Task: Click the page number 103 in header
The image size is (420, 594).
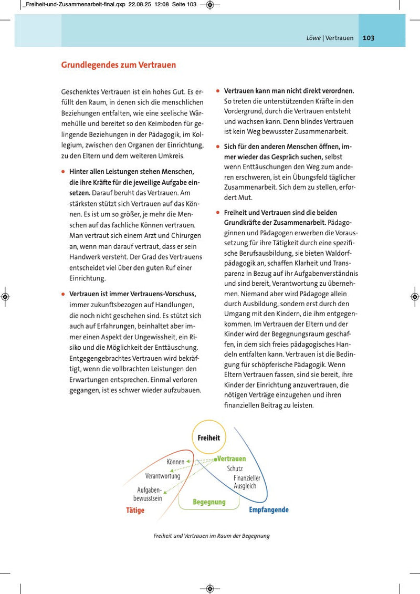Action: point(368,38)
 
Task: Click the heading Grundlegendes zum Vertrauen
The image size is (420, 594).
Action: point(119,65)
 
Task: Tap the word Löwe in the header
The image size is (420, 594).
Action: point(313,38)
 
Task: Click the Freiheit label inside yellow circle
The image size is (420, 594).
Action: point(209,437)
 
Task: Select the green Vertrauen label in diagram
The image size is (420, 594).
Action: point(232,458)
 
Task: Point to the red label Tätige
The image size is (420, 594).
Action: point(135,510)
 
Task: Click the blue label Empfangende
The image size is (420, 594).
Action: point(269,509)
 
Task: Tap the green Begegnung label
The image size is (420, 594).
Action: point(209,502)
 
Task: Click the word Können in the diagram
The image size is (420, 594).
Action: point(175,462)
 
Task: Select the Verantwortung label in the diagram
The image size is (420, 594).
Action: point(163,476)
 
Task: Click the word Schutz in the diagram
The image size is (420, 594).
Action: point(235,468)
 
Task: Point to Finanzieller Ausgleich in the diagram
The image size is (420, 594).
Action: point(246,482)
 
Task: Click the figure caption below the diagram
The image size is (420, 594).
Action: point(212,536)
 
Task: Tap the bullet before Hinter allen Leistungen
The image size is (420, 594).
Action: point(64,171)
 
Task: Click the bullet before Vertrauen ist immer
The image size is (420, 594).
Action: point(64,294)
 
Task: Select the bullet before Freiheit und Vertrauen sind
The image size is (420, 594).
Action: point(218,213)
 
